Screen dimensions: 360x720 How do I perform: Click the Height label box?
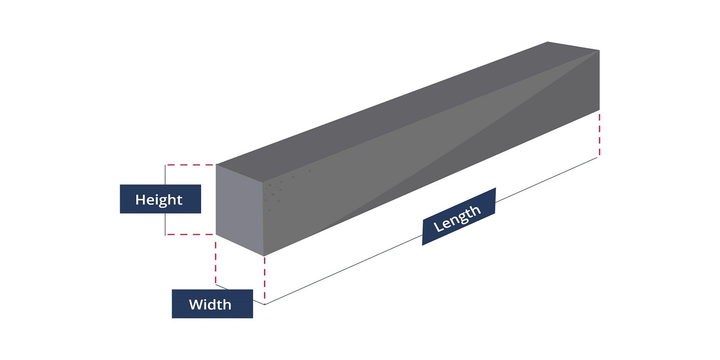(x=160, y=199)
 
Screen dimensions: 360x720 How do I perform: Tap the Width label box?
(x=212, y=304)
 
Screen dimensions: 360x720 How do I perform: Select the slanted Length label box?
(x=459, y=217)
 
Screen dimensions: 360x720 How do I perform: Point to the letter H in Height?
(x=140, y=199)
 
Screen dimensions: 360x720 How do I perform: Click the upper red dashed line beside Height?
(x=190, y=164)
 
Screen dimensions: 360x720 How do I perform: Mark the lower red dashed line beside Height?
(x=190, y=234)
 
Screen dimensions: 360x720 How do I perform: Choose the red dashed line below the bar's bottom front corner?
(x=265, y=280)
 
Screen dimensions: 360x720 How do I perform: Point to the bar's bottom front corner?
(x=264, y=256)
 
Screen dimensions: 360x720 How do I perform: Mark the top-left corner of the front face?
(x=216, y=165)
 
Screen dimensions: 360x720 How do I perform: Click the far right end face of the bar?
(x=599, y=80)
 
